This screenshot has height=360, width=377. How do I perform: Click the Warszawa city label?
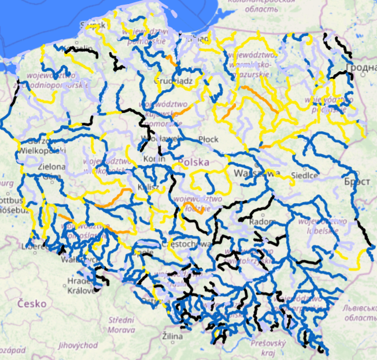[257, 173]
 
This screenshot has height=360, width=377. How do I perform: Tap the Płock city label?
[208, 139]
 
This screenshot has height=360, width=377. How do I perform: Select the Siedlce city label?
[305, 175]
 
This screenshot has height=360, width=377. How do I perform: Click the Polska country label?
[194, 162]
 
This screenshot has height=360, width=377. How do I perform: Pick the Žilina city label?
[172, 336]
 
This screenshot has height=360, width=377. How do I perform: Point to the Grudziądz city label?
[173, 81]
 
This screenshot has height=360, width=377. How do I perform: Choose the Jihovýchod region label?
[77, 345]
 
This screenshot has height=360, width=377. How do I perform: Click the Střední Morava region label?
[121, 325]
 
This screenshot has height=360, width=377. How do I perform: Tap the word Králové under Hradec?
[81, 290]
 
